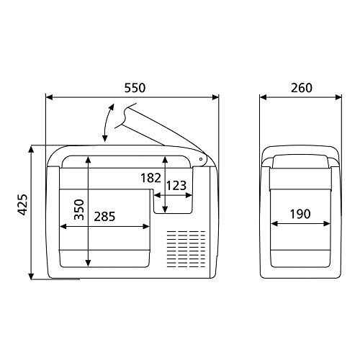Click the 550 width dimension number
pyautogui.click(x=135, y=88)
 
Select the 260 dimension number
pyautogui.click(x=302, y=88)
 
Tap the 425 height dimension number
pyautogui.click(x=23, y=204)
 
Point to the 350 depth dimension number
pyautogui.click(x=79, y=210)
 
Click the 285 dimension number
pyautogui.click(x=104, y=216)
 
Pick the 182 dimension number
pyautogui.click(x=150, y=178)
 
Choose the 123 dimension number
pyautogui.click(x=176, y=186)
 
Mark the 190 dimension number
pyautogui.click(x=300, y=214)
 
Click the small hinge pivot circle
pyautogui.click(x=201, y=159)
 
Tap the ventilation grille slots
pyautogui.click(x=186, y=249)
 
